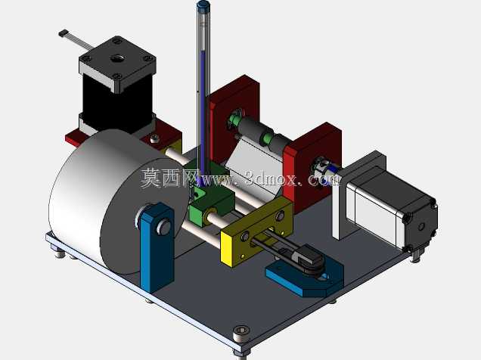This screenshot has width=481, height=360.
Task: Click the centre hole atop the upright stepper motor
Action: point(117,57)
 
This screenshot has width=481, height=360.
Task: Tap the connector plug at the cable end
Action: point(64,33)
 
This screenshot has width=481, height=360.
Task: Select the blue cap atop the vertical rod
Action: point(203,5)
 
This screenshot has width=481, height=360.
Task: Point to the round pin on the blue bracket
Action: point(163,227)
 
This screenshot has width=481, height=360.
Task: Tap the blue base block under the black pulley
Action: point(304,276)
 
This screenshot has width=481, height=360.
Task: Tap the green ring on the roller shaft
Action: point(266,138)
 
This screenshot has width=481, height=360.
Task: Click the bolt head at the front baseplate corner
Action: point(241,333)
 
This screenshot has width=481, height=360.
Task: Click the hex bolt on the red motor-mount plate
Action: point(154,138)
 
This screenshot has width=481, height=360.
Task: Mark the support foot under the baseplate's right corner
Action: point(416,256)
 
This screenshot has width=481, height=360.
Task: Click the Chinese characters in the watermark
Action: point(169,177)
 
